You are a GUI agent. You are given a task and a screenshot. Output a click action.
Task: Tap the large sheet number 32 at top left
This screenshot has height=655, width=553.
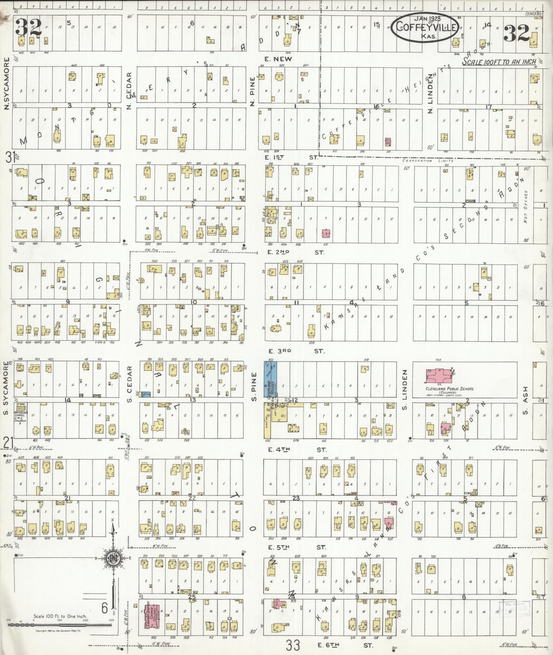(28, 27)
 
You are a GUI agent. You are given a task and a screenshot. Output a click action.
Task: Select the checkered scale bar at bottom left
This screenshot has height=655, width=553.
(61, 625)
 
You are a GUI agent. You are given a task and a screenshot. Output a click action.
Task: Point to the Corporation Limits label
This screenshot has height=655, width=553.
(428, 161)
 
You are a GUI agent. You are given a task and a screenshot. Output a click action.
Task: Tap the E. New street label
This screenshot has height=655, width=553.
(278, 59)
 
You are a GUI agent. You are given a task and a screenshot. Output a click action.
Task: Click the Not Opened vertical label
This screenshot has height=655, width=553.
(526, 206)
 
